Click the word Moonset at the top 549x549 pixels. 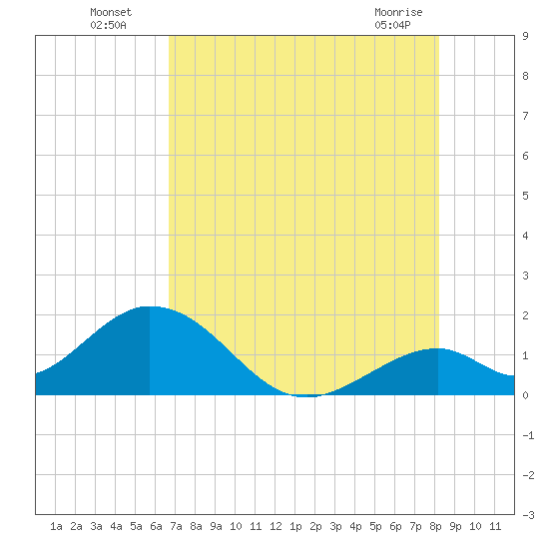[111, 12]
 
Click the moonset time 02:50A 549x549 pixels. [108, 25]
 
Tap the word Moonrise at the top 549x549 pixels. [398, 12]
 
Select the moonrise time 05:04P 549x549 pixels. [392, 25]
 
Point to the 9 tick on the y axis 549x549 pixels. [525, 36]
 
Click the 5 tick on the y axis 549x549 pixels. [525, 196]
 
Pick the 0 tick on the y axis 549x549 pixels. [525, 395]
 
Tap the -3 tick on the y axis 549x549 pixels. [528, 515]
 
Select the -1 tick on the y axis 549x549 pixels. [528, 435]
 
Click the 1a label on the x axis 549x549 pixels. [56, 526]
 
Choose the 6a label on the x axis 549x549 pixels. [156, 526]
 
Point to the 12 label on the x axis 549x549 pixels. [275, 526]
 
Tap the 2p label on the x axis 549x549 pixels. [315, 526]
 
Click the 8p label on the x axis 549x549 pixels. [435, 526]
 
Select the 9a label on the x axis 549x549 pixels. [216, 526]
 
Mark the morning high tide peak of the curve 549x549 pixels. [150, 306]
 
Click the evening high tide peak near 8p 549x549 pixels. [437, 348]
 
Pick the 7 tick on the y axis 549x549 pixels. [525, 116]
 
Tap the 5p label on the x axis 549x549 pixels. [375, 526]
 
